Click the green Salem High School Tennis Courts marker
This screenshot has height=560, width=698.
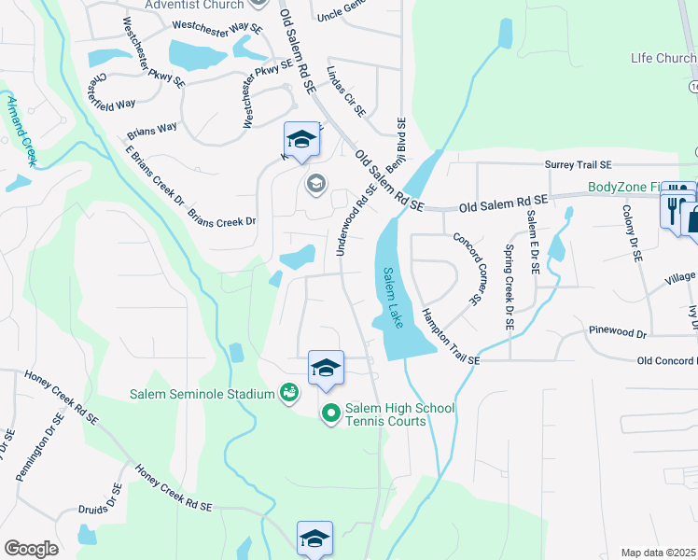coord(330,412)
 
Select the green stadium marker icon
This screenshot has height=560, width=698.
coord(291,394)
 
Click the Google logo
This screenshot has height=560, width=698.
coord(31,549)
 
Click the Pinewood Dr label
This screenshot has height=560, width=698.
coord(617,332)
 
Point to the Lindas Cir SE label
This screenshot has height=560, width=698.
coord(345,91)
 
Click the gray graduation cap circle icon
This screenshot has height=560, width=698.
coord(316,182)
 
